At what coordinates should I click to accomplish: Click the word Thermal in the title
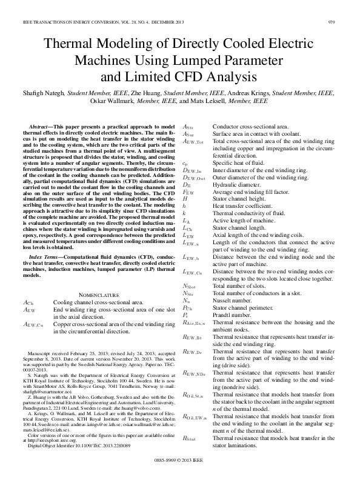click(64, 44)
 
